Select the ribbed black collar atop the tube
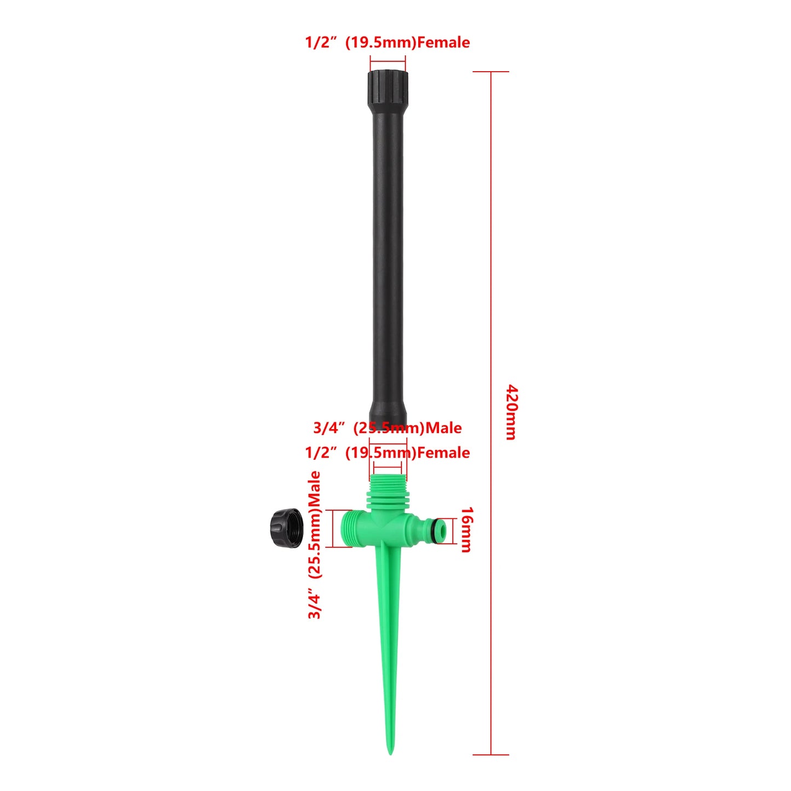[x=388, y=88]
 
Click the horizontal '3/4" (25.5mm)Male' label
[x=388, y=428]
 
